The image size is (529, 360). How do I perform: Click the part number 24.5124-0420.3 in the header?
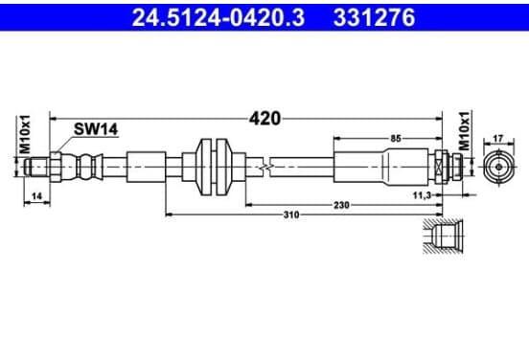pos(218,17)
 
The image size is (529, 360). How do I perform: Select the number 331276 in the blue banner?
pos(374,17)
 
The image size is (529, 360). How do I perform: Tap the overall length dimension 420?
pos(264,119)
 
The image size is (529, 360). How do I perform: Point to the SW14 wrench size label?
pos(96,128)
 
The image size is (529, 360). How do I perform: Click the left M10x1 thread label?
pos(25,134)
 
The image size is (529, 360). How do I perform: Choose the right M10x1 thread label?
pos(464,131)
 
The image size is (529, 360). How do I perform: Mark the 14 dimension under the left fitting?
pos(36,196)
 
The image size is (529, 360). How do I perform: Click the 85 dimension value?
pos(396,138)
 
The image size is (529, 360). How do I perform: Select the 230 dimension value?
pos(341,205)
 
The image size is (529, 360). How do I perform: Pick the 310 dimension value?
pos(291,214)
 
